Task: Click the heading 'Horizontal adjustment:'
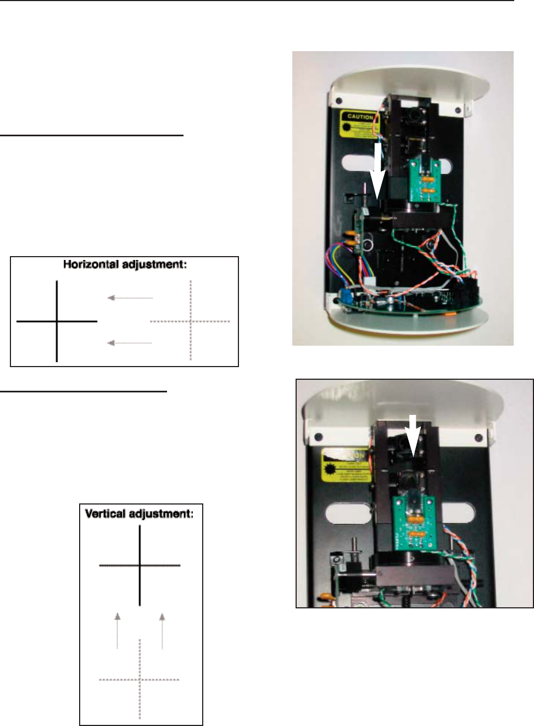coord(125,264)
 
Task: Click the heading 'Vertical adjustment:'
coord(139,514)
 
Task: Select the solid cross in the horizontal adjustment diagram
coord(57,321)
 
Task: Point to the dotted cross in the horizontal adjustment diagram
coord(190,321)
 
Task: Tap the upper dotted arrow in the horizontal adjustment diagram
coord(130,298)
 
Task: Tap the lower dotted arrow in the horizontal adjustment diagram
coord(130,343)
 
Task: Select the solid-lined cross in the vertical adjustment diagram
coord(140,565)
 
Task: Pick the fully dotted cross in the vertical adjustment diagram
coord(140,680)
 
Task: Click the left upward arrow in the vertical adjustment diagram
coord(117,631)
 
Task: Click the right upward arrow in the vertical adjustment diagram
coord(162,631)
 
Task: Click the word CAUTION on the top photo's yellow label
coord(360,117)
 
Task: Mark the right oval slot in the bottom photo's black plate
coord(458,513)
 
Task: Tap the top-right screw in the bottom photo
coord(479,438)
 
